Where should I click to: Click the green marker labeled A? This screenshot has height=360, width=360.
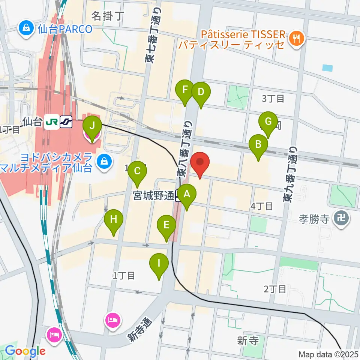(187, 195)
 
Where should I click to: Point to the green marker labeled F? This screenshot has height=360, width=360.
(185, 90)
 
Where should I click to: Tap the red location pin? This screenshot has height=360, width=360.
(200, 162)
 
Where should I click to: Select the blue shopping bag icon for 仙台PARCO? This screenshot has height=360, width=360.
(27, 28)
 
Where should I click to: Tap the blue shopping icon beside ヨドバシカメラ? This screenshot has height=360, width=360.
(102, 162)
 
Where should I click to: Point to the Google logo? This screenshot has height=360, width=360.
(25, 351)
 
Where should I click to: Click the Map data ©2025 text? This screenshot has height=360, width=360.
(328, 354)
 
